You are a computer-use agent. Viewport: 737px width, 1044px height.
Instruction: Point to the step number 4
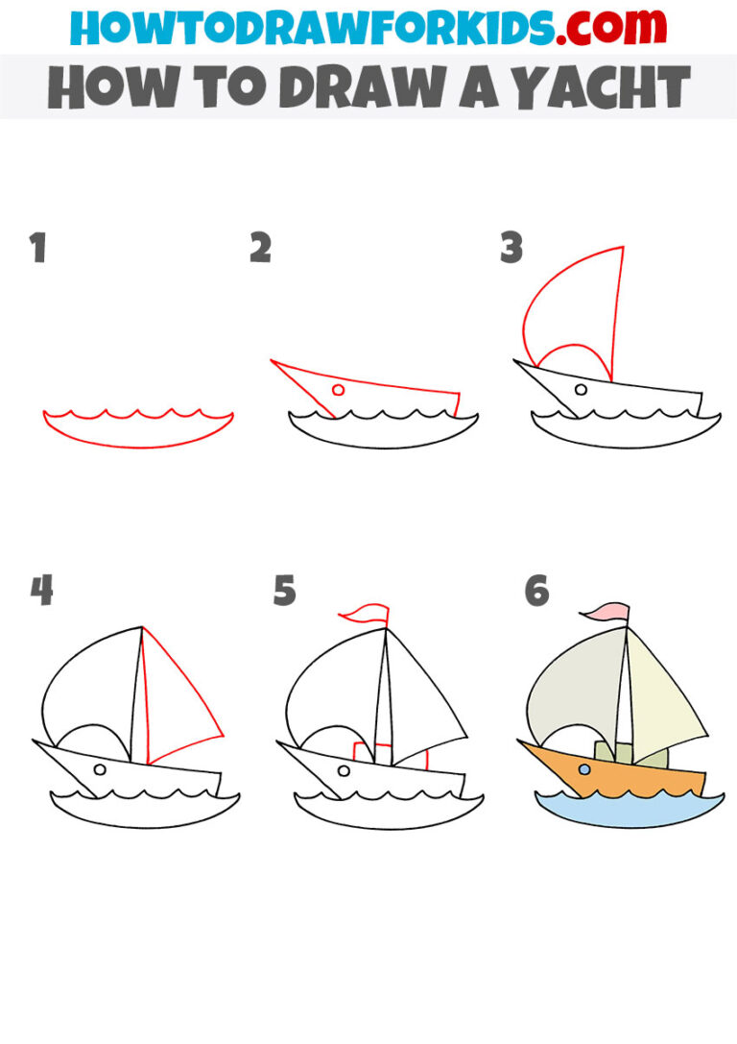(x=41, y=591)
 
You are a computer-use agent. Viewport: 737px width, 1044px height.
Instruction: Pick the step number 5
(x=284, y=591)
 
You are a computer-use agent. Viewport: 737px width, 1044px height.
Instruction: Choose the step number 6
(x=536, y=591)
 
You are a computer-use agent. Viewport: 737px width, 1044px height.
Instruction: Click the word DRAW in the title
(x=363, y=87)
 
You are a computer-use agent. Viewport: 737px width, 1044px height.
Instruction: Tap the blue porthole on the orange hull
(x=584, y=769)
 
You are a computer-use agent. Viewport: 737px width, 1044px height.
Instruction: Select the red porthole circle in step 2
(x=338, y=390)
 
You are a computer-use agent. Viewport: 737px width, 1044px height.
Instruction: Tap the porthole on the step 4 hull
(x=100, y=769)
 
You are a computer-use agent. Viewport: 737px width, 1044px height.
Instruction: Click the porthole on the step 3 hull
(x=581, y=390)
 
